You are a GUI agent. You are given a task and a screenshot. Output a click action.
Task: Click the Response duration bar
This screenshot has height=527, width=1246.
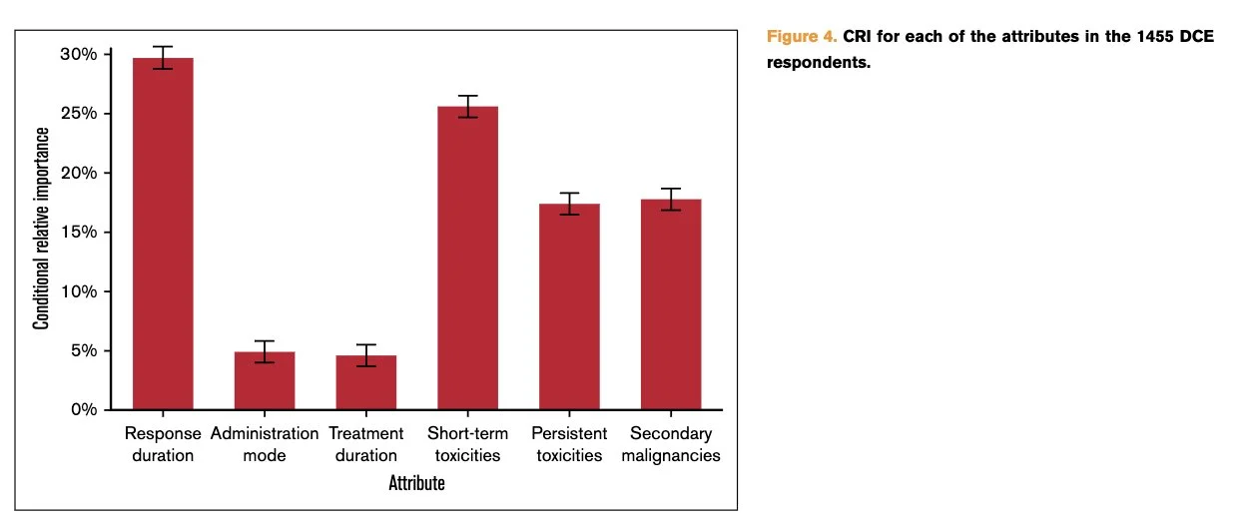(163, 234)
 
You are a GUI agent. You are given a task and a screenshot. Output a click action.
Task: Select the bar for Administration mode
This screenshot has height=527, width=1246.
(265, 381)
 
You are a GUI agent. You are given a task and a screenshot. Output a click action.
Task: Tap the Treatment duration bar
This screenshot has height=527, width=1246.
(366, 382)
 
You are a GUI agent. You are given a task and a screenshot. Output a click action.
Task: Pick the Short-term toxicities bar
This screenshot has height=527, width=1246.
(468, 258)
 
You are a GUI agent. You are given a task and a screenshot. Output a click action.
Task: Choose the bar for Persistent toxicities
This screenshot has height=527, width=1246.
(570, 306)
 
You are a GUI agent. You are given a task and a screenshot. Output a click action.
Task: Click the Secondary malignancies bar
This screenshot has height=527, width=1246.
(671, 304)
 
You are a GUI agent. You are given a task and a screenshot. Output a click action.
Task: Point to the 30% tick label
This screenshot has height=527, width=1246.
(79, 55)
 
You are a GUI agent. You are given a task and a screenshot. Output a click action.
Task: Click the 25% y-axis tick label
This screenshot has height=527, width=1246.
(79, 114)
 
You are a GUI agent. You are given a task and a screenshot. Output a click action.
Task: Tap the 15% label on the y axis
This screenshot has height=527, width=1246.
(79, 232)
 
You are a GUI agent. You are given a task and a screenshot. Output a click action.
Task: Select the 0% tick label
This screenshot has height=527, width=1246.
(84, 409)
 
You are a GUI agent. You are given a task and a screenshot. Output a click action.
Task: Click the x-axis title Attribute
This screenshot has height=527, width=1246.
(416, 483)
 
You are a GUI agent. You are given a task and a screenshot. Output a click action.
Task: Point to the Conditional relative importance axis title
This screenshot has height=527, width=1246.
(41, 229)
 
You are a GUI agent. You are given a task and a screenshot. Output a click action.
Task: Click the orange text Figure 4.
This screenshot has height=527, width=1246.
(802, 37)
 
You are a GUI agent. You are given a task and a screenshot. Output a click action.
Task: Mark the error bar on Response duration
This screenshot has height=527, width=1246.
(163, 58)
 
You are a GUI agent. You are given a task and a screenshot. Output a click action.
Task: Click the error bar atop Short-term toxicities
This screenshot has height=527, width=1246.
(468, 107)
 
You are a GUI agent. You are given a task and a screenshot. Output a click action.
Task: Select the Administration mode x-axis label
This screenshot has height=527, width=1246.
(265, 444)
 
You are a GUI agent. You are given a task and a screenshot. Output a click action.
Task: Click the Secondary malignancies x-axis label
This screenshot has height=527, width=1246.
(671, 444)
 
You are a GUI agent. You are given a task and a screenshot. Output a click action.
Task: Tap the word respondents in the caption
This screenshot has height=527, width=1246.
(819, 63)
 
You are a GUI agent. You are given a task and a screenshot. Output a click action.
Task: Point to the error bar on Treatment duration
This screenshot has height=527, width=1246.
(366, 355)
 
